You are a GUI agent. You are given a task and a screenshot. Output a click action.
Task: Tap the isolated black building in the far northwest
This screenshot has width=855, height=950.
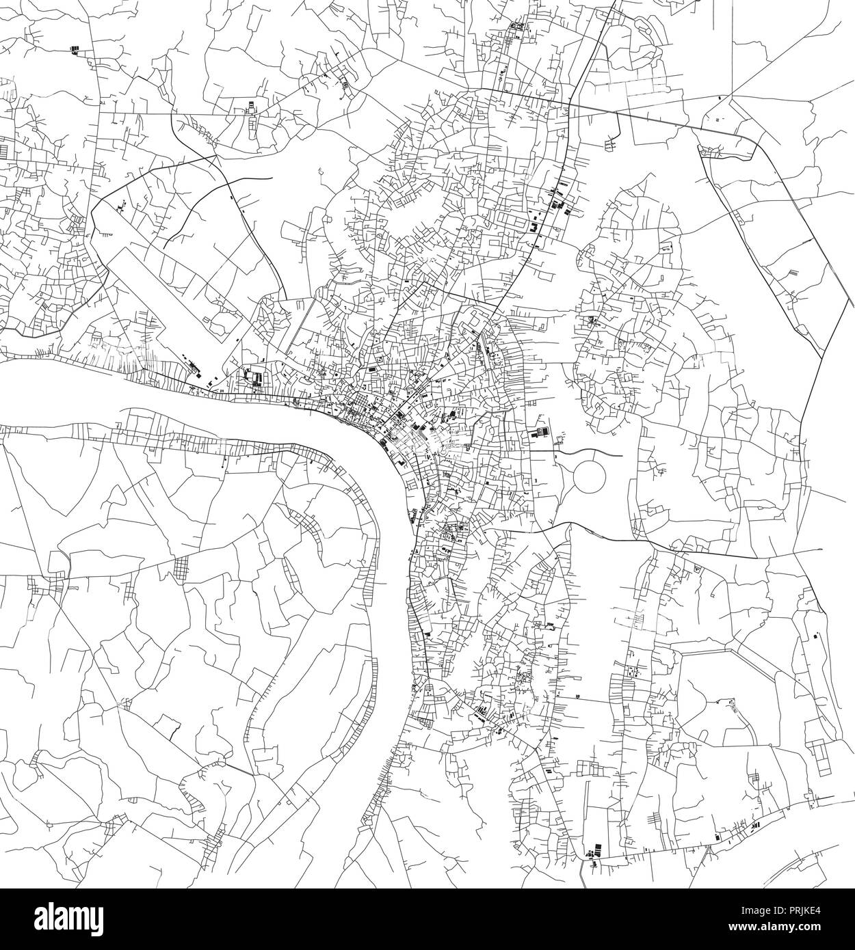point(75,49)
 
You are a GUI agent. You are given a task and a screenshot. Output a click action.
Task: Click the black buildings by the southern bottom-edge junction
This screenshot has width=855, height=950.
point(592,852)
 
